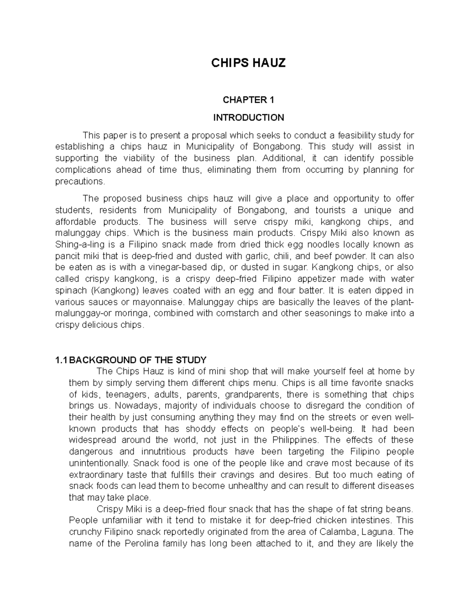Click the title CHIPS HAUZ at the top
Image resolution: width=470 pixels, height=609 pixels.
248,63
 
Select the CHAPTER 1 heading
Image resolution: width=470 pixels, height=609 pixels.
248,100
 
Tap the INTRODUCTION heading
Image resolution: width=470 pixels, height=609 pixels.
248,118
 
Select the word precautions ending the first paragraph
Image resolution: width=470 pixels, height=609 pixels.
80,182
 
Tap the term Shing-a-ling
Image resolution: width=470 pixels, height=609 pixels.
79,245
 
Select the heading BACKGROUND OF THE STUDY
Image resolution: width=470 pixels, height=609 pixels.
137,360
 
